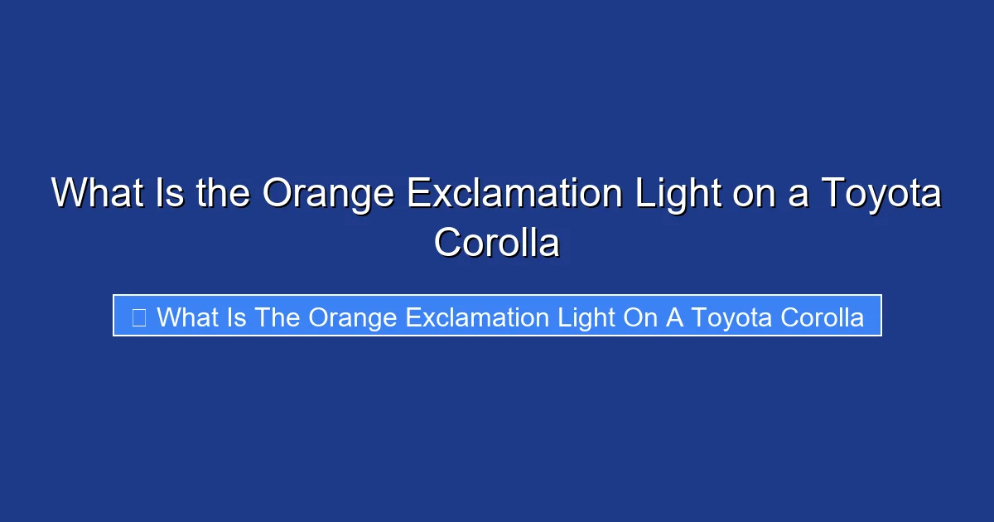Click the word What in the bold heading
pyautogui.click(x=93, y=194)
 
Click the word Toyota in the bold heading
pyautogui.click(x=881, y=194)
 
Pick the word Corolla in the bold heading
pyautogui.click(x=497, y=243)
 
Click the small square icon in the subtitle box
pyautogui.click(x=138, y=317)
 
